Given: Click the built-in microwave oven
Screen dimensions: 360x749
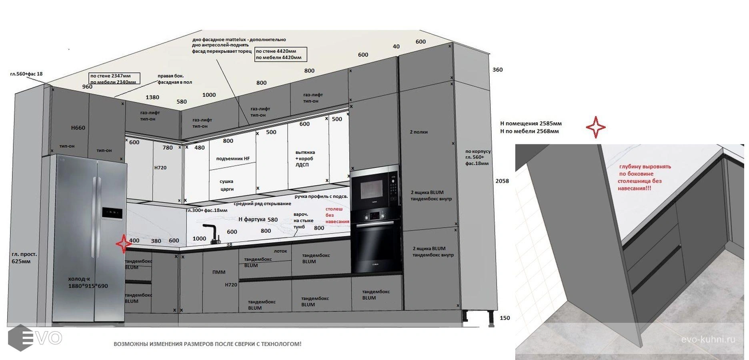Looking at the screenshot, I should click(x=375, y=187).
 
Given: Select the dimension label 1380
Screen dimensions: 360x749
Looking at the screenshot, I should click(x=152, y=97).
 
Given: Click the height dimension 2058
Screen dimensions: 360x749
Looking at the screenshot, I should click(x=502, y=181).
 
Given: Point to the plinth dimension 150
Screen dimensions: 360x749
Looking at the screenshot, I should click(x=505, y=318).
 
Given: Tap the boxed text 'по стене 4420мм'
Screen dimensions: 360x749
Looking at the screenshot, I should click(x=276, y=51).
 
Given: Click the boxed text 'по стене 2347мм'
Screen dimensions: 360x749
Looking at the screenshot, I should click(x=111, y=76).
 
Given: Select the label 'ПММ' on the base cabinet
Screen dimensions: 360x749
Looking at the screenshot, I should click(x=219, y=272).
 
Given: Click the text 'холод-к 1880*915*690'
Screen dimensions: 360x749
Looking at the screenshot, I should click(x=88, y=282).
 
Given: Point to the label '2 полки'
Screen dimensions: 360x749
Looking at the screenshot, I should click(x=419, y=132).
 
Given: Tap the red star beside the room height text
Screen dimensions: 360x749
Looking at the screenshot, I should click(x=596, y=127).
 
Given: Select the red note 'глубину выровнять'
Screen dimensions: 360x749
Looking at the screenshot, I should click(x=645, y=167).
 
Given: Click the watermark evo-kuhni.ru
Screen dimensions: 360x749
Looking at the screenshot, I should click(x=708, y=340).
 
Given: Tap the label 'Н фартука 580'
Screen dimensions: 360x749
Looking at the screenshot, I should click(x=258, y=220).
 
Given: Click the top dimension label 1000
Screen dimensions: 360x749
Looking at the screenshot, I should click(x=209, y=95).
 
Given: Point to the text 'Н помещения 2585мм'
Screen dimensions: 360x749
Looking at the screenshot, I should click(x=531, y=124).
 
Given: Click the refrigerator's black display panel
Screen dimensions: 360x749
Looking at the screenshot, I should click(x=112, y=213).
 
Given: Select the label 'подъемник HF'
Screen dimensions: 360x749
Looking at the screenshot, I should click(x=233, y=159).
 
